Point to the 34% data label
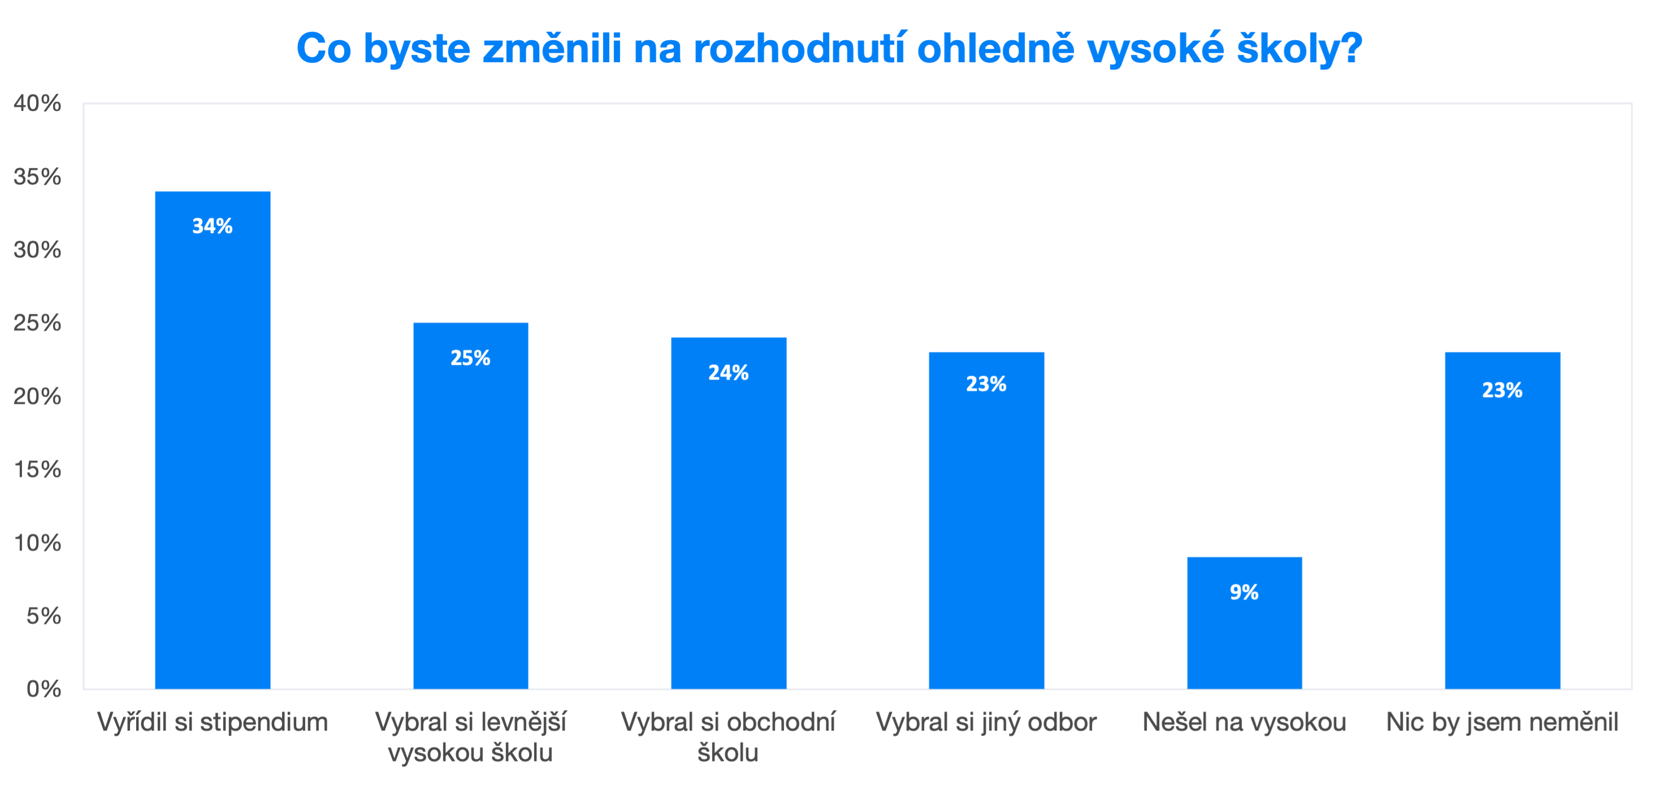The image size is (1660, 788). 213,226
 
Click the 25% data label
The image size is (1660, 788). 470,358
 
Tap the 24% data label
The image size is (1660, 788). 728,373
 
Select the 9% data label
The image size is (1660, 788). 1245,592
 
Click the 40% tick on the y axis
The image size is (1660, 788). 37,103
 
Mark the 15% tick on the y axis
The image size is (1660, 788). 37,470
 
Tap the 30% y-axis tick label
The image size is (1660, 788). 37,249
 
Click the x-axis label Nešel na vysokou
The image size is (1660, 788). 1245,722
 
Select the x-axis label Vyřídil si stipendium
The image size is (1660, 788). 213,722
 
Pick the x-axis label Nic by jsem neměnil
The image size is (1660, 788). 1502,722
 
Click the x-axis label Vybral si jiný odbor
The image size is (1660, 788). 986,722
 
